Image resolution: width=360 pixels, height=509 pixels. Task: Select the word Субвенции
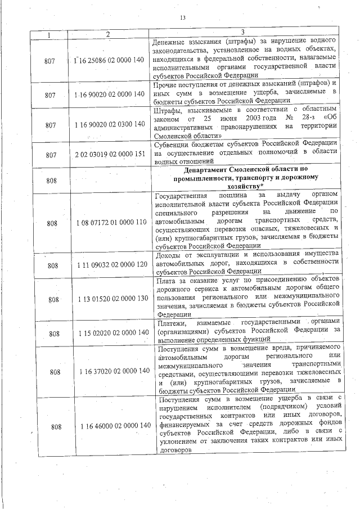click(x=173, y=144)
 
